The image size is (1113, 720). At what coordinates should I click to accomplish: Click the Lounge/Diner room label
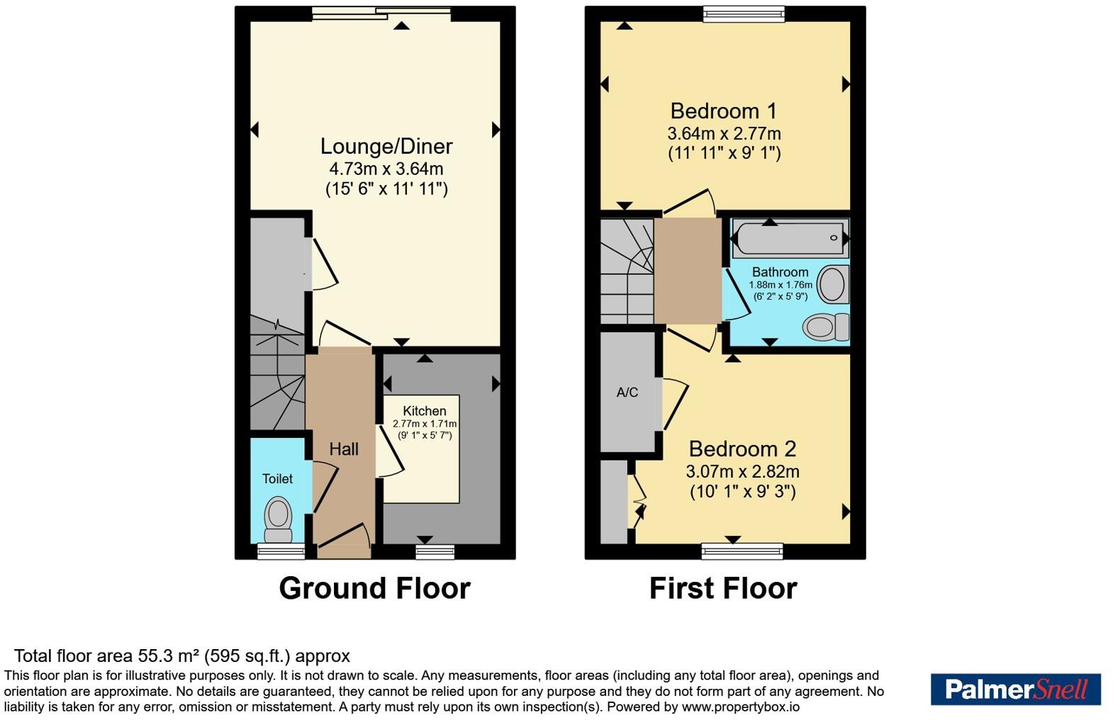pos(386,147)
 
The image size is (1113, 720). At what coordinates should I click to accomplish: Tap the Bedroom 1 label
pos(723,111)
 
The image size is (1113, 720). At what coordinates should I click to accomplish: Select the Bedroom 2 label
pos(742,449)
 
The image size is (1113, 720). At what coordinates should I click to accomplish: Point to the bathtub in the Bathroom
pos(790,238)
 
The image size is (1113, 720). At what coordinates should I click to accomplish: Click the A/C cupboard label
pos(627,393)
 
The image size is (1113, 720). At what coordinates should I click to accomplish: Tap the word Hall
pos(344,449)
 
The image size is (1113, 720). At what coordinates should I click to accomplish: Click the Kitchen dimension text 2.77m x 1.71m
pos(425,424)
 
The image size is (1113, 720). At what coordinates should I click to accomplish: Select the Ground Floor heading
pos(374,588)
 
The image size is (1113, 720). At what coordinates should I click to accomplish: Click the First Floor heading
pos(723,588)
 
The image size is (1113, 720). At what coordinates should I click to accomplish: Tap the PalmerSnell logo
pos(1016,690)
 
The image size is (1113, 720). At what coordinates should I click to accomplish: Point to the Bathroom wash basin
pos(833,284)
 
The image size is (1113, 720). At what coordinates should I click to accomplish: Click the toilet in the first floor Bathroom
pos(826,327)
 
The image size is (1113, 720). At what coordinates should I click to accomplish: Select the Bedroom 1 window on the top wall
pos(744,14)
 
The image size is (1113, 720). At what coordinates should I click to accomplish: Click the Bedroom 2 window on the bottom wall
pos(742,551)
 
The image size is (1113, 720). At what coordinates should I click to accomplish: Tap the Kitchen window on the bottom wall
pos(435,551)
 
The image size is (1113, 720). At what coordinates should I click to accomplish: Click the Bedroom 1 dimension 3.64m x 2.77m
pos(724,133)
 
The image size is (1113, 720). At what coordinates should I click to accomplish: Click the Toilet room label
pos(277,478)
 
